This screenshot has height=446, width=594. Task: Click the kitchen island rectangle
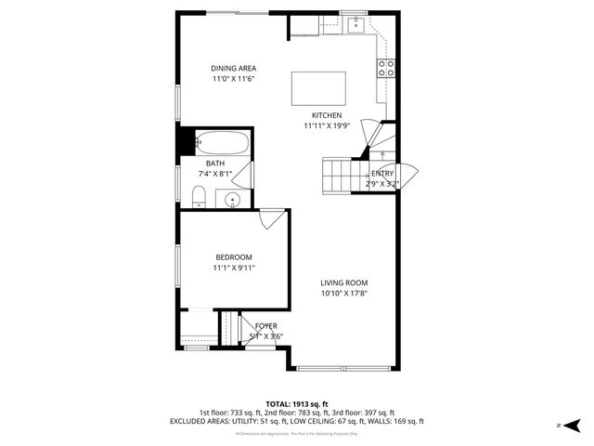(319, 90)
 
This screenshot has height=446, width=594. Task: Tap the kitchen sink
(355, 25)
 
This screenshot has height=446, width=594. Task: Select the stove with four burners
(386, 68)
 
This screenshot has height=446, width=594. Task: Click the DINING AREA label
(233, 68)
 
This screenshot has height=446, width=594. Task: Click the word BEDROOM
(234, 257)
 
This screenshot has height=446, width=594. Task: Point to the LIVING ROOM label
(344, 283)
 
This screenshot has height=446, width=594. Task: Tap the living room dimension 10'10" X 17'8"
(344, 294)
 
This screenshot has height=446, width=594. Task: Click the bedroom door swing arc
(270, 219)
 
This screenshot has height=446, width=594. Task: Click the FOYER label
(265, 326)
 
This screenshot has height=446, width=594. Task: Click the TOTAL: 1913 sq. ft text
(297, 403)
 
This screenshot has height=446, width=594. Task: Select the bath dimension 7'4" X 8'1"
(215, 174)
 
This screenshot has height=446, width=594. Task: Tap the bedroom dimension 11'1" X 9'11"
(234, 268)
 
